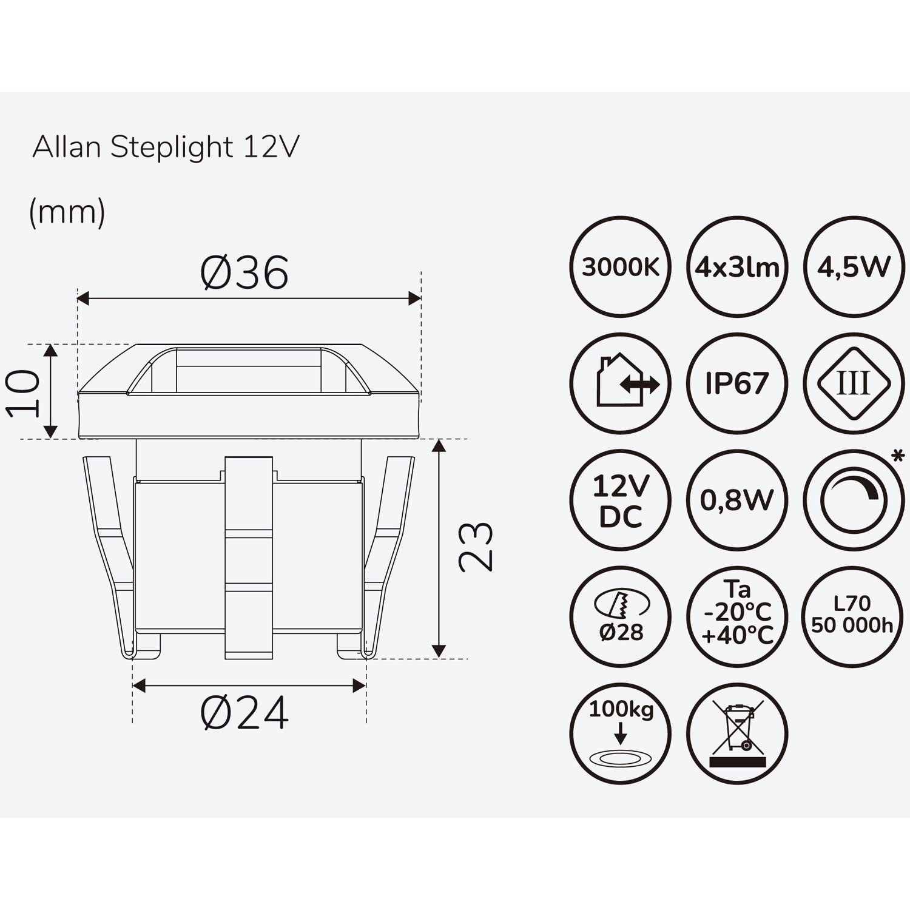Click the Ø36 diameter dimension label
(244, 272)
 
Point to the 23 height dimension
(476, 547)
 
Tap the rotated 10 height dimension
(24, 394)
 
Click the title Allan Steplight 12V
(166, 147)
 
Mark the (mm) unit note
(67, 212)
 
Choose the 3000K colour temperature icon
(621, 266)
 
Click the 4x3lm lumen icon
(737, 266)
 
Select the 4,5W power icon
(854, 266)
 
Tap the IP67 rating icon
(737, 383)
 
